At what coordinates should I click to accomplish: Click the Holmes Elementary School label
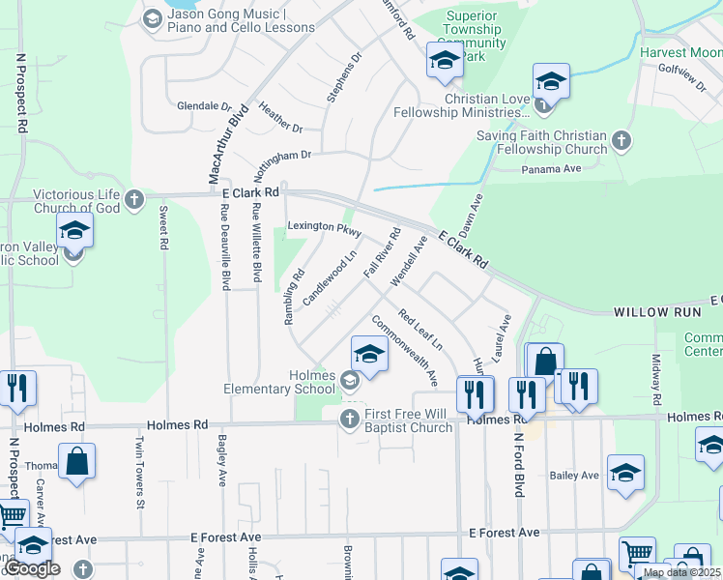[292, 383]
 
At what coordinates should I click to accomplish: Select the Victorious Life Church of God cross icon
[134, 200]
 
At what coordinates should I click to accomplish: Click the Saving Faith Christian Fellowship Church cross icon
[621, 142]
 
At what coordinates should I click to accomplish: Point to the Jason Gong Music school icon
[152, 19]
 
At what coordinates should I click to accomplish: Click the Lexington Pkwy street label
[325, 230]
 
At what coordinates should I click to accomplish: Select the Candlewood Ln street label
[329, 279]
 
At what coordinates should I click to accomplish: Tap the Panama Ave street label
[551, 168]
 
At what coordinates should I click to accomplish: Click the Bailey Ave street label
[574, 476]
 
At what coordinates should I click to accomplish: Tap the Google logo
[32, 568]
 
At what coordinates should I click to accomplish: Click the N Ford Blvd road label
[518, 464]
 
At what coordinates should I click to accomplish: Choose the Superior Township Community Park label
[474, 36]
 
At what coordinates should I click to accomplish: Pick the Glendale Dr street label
[204, 106]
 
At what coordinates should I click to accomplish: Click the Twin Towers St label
[140, 472]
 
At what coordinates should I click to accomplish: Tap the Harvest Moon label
[679, 52]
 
